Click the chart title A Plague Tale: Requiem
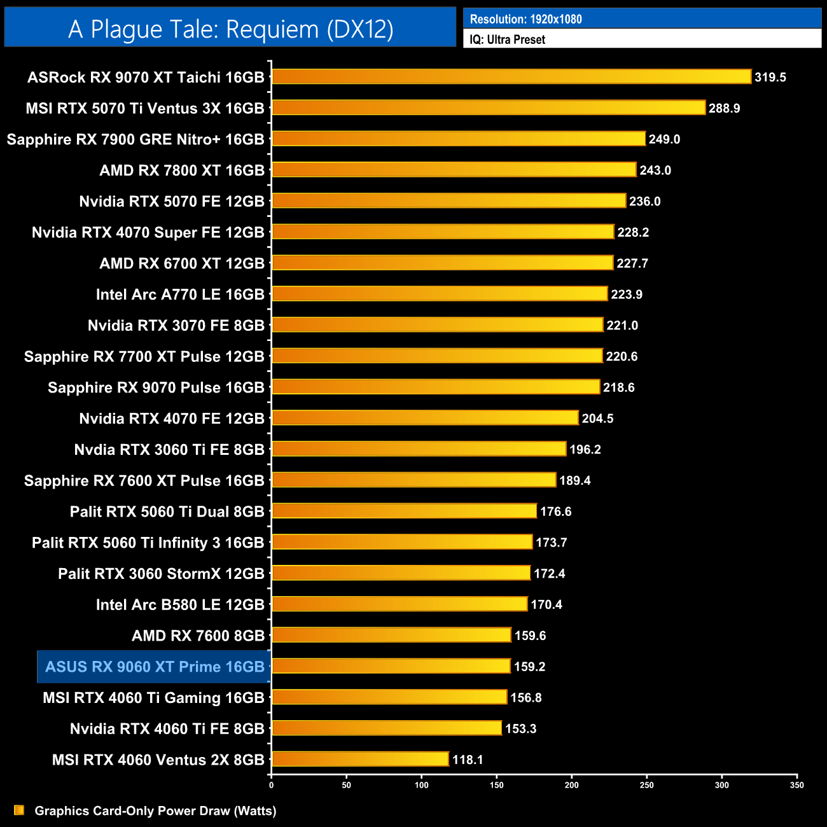coord(230,29)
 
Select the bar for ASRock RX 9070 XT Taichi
coord(511,77)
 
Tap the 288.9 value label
coord(724,108)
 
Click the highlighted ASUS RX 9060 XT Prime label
coord(155,667)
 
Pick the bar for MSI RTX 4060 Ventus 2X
coord(360,760)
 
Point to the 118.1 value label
coord(468,760)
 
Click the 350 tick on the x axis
coord(796,785)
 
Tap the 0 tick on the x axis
coord(272,785)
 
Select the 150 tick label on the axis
coord(497,785)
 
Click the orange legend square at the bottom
coord(19,810)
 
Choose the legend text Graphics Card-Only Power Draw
coord(155,810)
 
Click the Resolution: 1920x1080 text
coord(525,19)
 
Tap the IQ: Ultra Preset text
coord(507,39)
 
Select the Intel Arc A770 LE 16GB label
coord(180,295)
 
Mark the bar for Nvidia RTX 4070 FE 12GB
coord(425,418)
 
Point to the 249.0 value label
coord(664,139)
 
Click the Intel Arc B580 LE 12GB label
coord(180,604)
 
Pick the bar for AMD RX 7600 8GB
coord(391,635)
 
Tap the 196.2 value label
coord(585,449)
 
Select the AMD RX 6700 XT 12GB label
coord(182,263)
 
